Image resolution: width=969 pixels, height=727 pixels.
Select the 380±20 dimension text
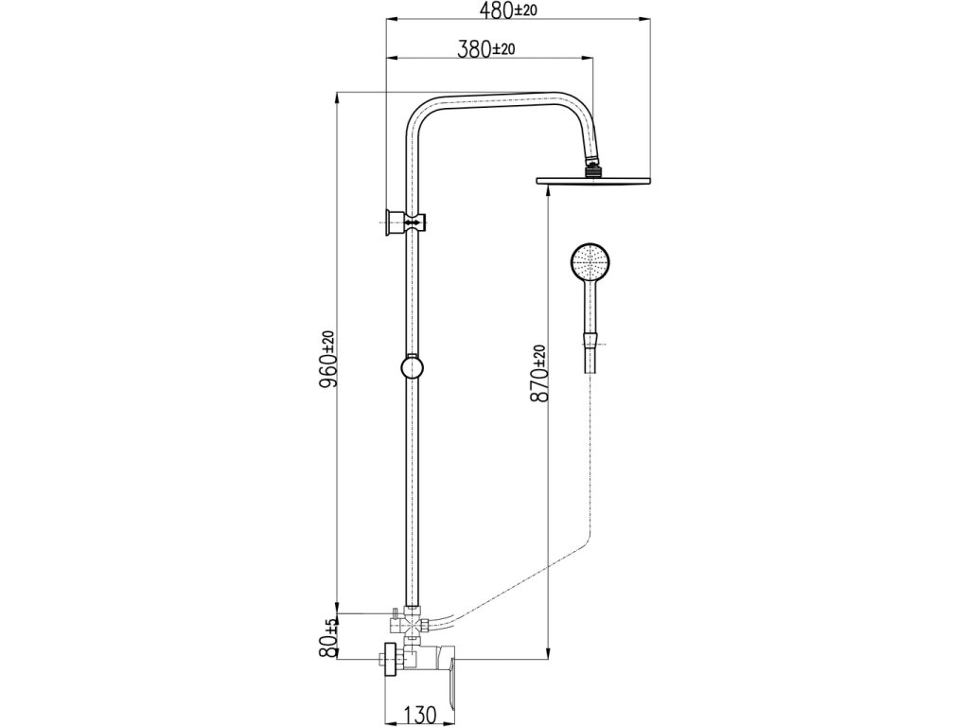pyautogui.click(x=486, y=49)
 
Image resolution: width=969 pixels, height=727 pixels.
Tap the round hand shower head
pyautogui.click(x=590, y=261)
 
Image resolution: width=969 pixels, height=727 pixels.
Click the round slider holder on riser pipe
pyautogui.click(x=412, y=366)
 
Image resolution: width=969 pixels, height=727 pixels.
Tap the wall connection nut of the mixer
pyautogui.click(x=389, y=659)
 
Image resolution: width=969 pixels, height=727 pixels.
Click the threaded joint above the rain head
pyautogui.click(x=594, y=169)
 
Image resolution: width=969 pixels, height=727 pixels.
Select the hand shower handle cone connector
pyautogui.click(x=590, y=339)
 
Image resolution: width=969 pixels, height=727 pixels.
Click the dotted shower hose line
pyautogui.click(x=590, y=454)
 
